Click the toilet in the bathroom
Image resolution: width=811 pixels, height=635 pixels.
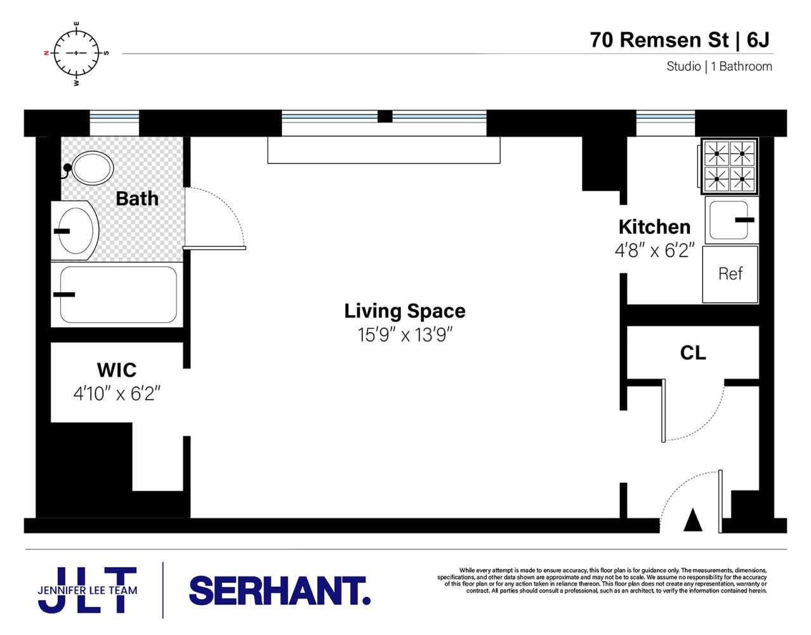[x=89, y=168]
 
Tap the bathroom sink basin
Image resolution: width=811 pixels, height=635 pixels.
[x=76, y=231]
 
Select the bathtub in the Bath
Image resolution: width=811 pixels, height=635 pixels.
[x=118, y=295]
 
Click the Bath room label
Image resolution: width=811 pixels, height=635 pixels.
[x=137, y=198]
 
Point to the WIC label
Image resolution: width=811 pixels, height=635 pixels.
[x=116, y=370]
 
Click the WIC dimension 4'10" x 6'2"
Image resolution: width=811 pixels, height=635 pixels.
[x=117, y=394]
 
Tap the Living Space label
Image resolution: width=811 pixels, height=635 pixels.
[x=405, y=311]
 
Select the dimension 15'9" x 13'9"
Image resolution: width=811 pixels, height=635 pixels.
[x=405, y=335]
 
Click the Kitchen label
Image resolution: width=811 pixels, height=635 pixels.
[x=654, y=227]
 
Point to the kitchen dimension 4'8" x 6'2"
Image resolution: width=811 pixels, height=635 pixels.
[x=654, y=250]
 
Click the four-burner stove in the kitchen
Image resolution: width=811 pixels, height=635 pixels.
[x=729, y=166]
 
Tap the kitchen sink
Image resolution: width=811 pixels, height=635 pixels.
[x=732, y=220]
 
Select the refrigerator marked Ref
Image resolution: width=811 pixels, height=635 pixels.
[x=730, y=274]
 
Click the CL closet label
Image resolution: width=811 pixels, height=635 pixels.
[x=693, y=353]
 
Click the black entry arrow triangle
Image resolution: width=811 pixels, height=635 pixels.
[x=693, y=519]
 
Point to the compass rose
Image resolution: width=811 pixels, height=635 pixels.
[x=76, y=53]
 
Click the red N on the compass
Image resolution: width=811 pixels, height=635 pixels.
[x=46, y=53]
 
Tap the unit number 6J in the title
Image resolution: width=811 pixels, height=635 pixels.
[x=758, y=40]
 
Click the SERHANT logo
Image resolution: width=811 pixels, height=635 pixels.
[x=280, y=591]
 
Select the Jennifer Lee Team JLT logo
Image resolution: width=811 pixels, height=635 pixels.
[x=88, y=590]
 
